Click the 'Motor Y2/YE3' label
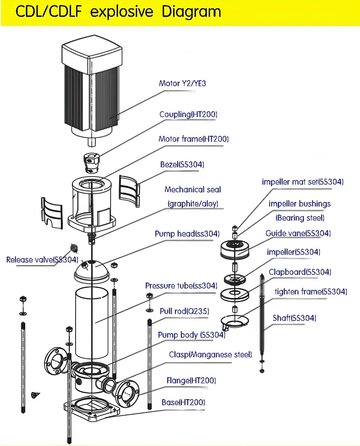point(183,83)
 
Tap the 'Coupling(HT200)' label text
point(188,114)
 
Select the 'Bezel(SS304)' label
point(182,164)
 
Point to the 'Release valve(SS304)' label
point(42,260)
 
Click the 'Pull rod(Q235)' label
point(184,311)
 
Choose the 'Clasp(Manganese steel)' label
point(210,354)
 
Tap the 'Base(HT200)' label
point(183,402)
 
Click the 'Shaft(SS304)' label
point(294,318)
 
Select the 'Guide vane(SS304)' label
point(298,233)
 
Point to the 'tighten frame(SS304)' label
point(311,291)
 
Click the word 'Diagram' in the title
point(191,12)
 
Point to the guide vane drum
point(235,250)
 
